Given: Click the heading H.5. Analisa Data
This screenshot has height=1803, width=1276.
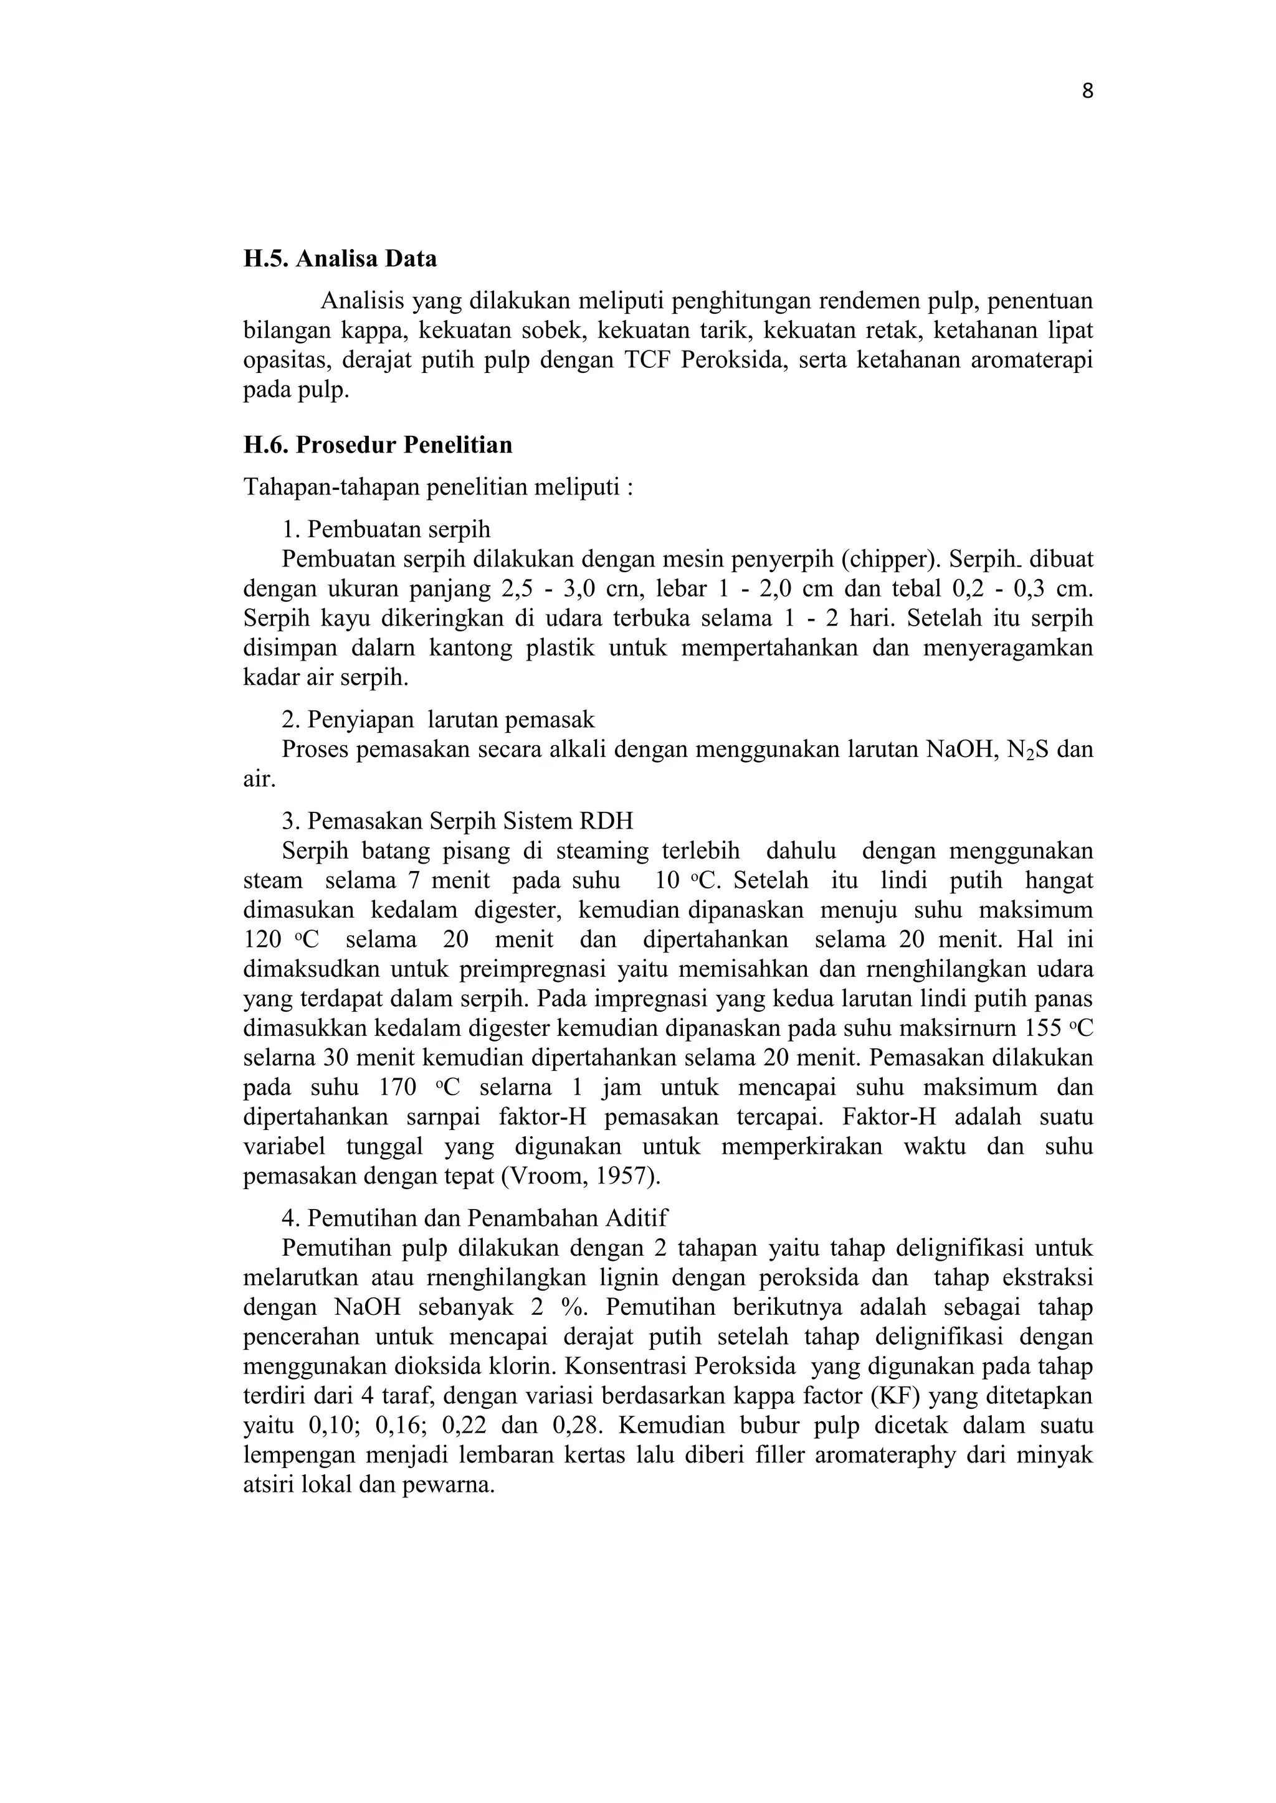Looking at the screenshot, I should (x=340, y=259).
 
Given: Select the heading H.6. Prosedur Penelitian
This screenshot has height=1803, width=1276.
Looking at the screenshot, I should (x=377, y=445).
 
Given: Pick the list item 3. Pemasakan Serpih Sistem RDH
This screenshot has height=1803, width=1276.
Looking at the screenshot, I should (x=457, y=821).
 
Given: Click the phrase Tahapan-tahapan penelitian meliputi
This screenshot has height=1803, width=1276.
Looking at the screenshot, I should (x=437, y=487).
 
